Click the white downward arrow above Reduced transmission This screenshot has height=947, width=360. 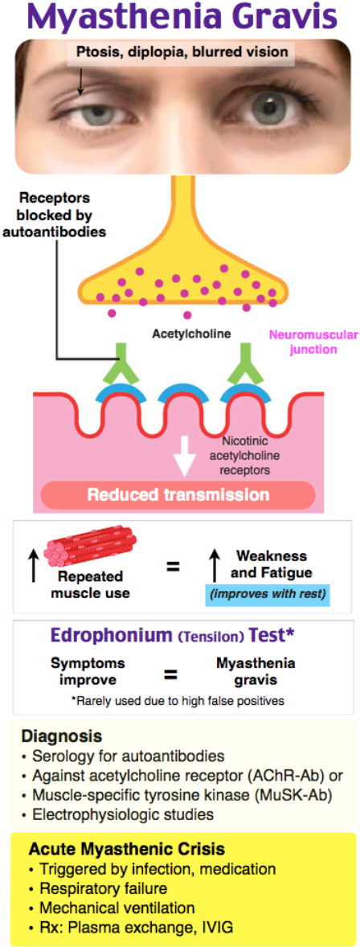[x=185, y=459]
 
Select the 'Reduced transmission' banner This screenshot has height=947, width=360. [x=178, y=494]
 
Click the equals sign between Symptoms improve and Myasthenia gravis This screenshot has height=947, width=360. [x=171, y=672]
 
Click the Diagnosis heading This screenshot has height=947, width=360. [x=61, y=736]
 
